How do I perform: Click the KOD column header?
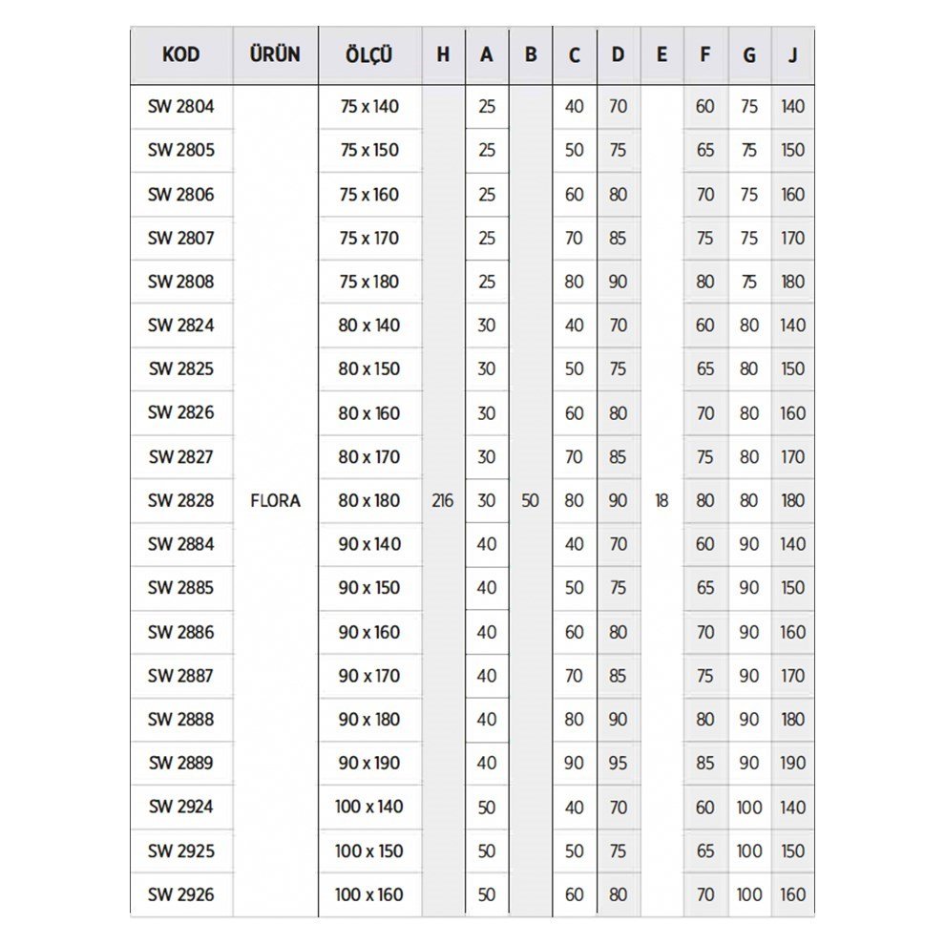pyautogui.click(x=180, y=54)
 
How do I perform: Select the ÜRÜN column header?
pyautogui.click(x=275, y=54)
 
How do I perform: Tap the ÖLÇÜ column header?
pyautogui.click(x=368, y=54)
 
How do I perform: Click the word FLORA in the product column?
pyautogui.click(x=275, y=500)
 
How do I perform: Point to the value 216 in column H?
pyautogui.click(x=442, y=500)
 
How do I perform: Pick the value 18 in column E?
pyautogui.click(x=661, y=500)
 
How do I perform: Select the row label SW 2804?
pyautogui.click(x=180, y=106)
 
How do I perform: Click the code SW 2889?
pyautogui.click(x=180, y=763)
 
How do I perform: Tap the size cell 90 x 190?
pyautogui.click(x=368, y=763)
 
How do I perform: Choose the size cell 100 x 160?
pyautogui.click(x=368, y=894)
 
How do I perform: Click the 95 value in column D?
pyautogui.click(x=618, y=763)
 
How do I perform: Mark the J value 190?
pyautogui.click(x=792, y=763)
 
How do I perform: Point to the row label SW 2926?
pyautogui.click(x=180, y=894)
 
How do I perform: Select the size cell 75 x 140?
pyautogui.click(x=368, y=106)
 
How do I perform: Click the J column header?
pyautogui.click(x=792, y=54)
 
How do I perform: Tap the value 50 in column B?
pyautogui.click(x=530, y=500)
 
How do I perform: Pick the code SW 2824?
pyautogui.click(x=180, y=325)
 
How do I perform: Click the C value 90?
pyautogui.click(x=574, y=763)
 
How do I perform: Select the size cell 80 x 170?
pyautogui.click(x=368, y=456)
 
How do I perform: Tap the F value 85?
pyautogui.click(x=704, y=763)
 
